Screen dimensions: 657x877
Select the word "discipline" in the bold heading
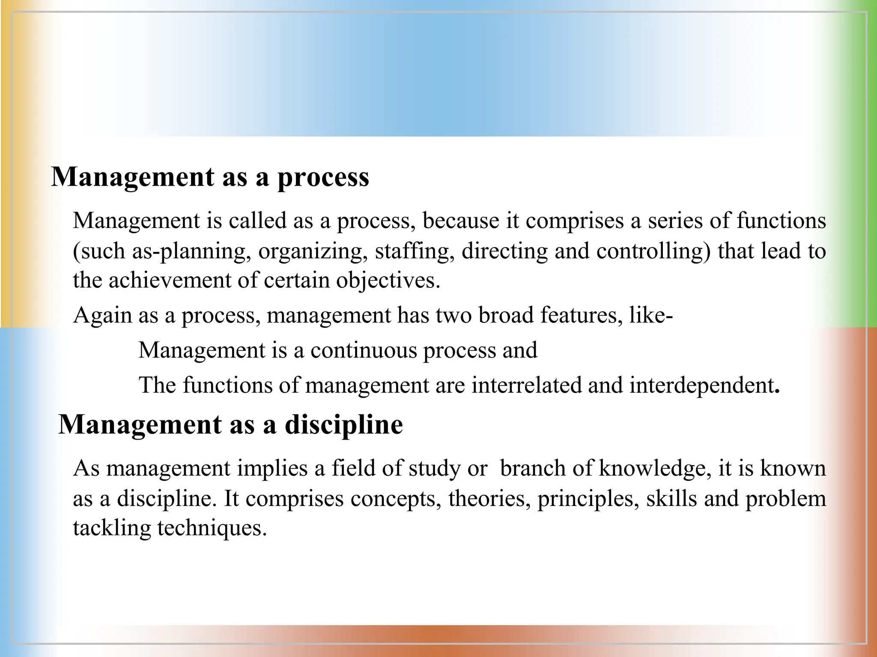[344, 425]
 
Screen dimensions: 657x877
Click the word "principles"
[588, 498]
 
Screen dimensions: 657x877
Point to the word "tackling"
[111, 528]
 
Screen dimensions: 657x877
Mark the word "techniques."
[212, 528]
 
